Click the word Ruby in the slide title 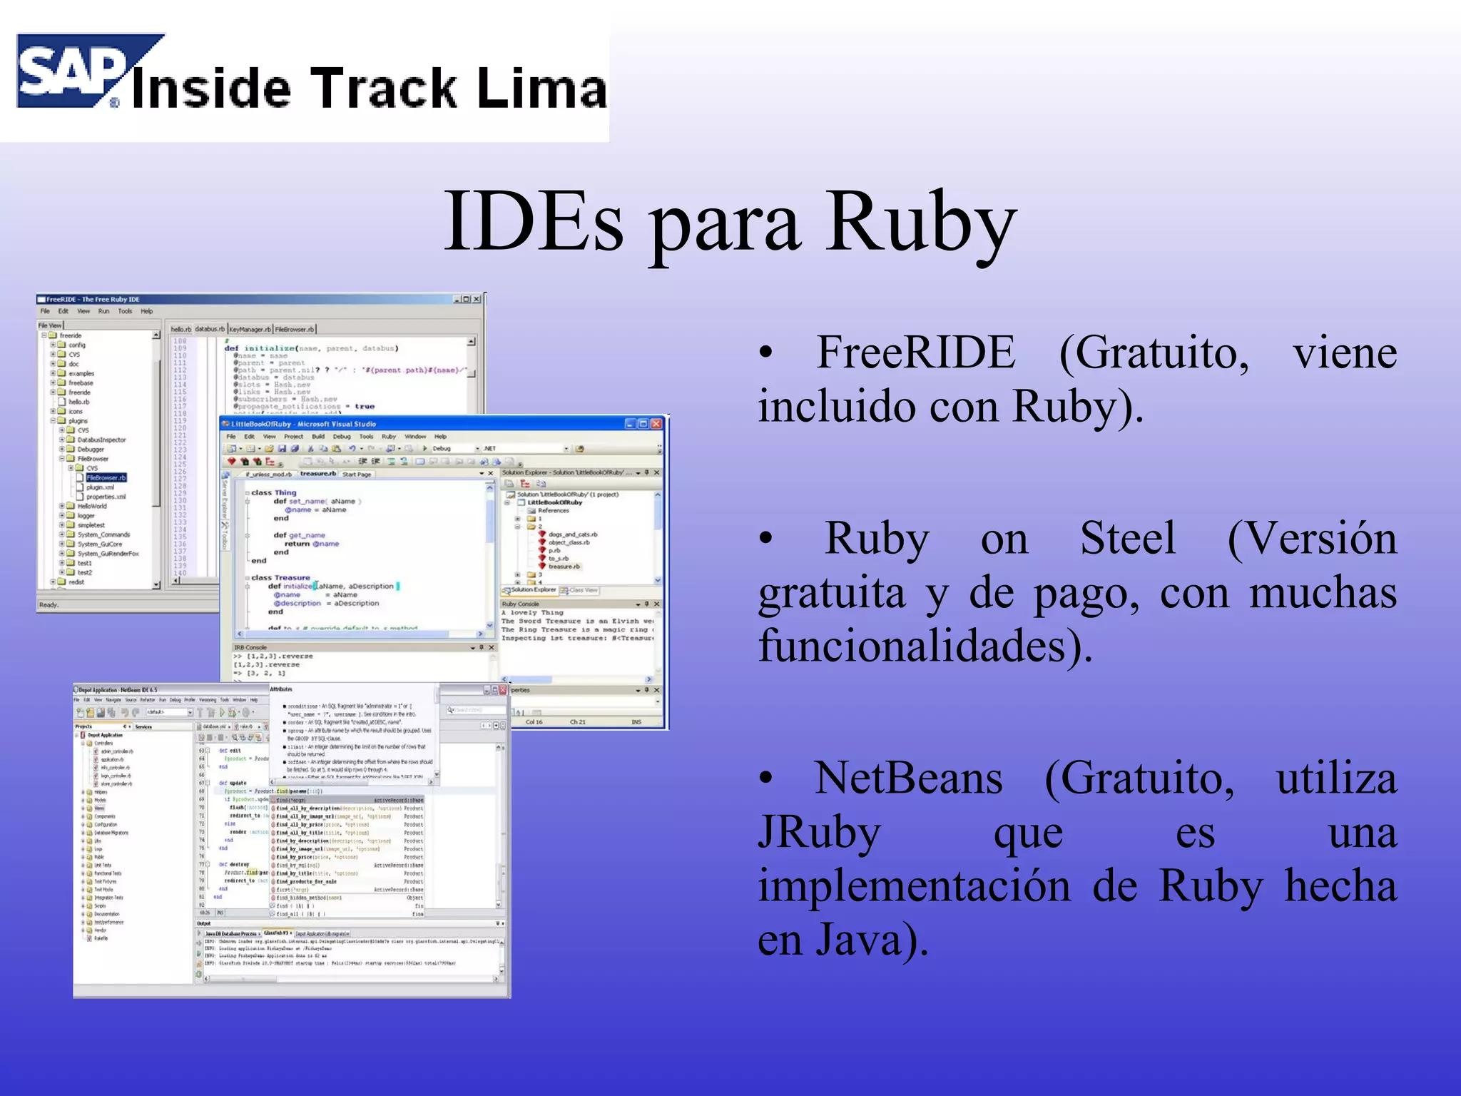click(920, 223)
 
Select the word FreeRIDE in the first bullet click(915, 352)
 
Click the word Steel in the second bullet click(1127, 538)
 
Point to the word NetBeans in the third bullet click(908, 778)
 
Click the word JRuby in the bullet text click(819, 832)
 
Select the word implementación click(914, 886)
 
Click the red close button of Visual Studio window click(656, 424)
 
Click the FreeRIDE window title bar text click(93, 300)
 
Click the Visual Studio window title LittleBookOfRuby click(307, 424)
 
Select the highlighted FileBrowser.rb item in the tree click(106, 477)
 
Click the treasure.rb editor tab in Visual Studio click(317, 474)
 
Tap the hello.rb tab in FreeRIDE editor click(180, 329)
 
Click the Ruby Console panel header click(521, 604)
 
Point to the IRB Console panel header click(250, 647)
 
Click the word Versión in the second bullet click(1311, 538)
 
